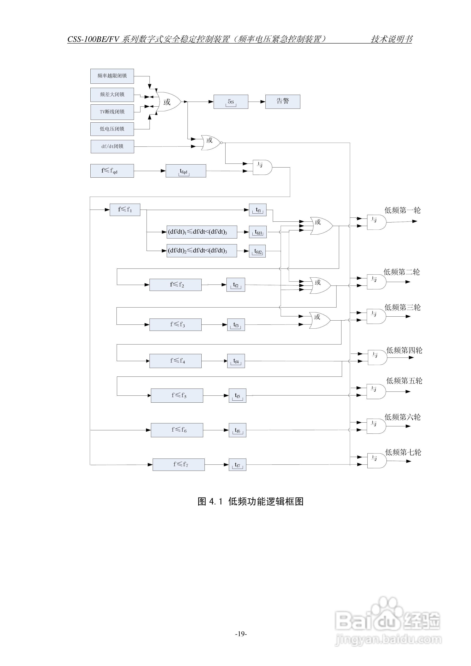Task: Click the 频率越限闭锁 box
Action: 112,76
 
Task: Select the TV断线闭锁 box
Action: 112,112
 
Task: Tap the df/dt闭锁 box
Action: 112,147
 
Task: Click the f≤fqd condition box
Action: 112,171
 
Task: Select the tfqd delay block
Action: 186,171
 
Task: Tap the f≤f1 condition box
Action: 125,210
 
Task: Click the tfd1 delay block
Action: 258,232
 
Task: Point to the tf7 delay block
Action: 237,465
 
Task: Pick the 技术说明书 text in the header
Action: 391,39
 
